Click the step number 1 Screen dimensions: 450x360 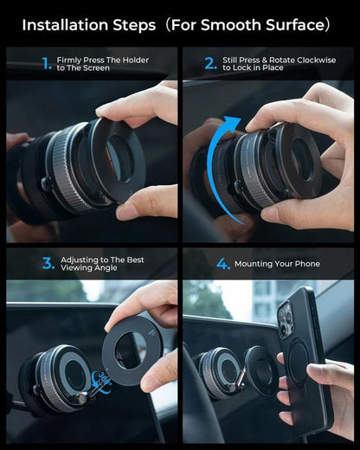[47, 62]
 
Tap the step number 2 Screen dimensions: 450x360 [210, 62]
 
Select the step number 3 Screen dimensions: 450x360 [48, 263]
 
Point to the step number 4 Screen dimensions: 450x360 [223, 263]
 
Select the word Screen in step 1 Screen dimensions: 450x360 [96, 67]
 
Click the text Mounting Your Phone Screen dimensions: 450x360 [282, 264]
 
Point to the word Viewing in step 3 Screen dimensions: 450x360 [80, 268]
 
